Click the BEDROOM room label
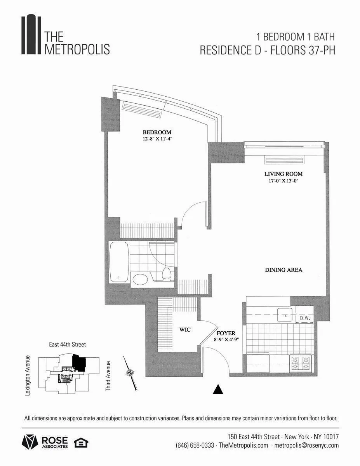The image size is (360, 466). point(157,132)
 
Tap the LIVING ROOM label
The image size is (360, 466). point(283,174)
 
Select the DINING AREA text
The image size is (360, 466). point(283,270)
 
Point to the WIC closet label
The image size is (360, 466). point(184,330)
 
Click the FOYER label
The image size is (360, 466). point(226,333)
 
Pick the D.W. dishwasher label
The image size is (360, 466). point(304,318)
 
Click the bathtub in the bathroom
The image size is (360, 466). point(119,262)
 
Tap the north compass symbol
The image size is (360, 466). point(129,373)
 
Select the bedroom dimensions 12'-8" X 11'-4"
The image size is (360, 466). point(157,139)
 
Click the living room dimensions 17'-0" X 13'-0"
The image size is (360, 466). point(283,181)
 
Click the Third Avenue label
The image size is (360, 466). point(108,376)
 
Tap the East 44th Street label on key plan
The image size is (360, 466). point(67,344)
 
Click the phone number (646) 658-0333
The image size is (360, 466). point(195,445)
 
